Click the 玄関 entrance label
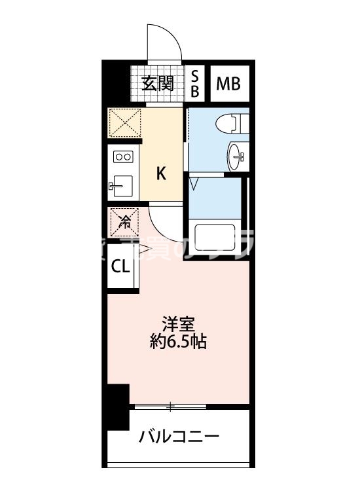[x=156, y=83]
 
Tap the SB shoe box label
[x=194, y=83]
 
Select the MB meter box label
[x=228, y=83]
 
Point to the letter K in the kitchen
[x=160, y=173]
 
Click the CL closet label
[x=120, y=266]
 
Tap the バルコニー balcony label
[x=178, y=437]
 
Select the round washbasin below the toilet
[x=237, y=155]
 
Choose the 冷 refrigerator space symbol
[x=124, y=221]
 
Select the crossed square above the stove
[x=124, y=122]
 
